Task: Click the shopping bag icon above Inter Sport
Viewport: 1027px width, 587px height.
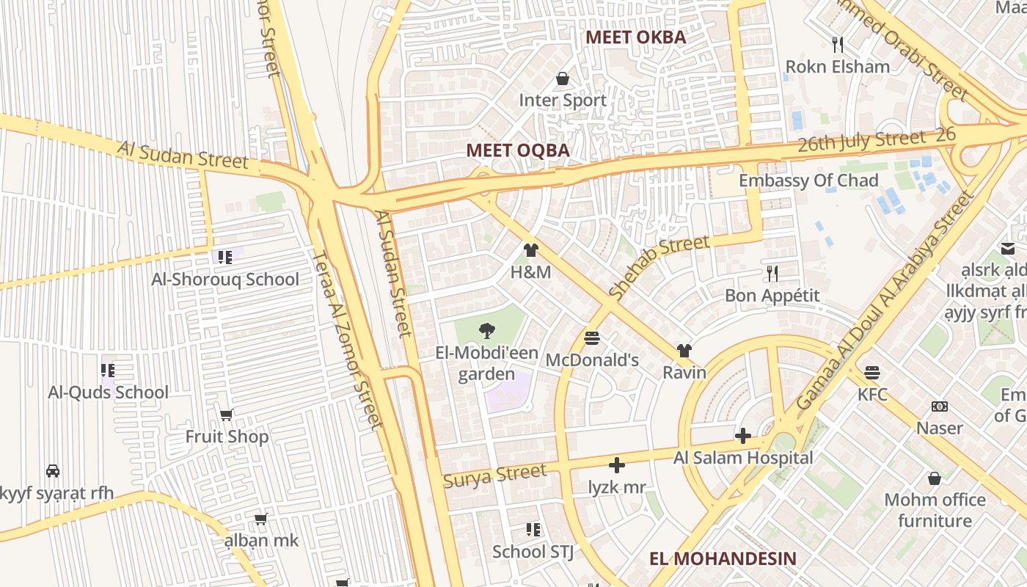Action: pyautogui.click(x=563, y=78)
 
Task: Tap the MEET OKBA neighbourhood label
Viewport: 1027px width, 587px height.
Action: pyautogui.click(x=635, y=37)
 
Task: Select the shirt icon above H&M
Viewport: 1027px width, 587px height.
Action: pyautogui.click(x=531, y=250)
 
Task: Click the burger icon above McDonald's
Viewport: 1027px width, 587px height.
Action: pyautogui.click(x=592, y=338)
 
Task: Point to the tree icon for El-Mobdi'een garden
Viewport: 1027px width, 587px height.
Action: pyautogui.click(x=486, y=331)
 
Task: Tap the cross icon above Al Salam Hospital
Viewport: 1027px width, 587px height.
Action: pyautogui.click(x=743, y=437)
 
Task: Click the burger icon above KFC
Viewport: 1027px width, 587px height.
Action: pyautogui.click(x=872, y=373)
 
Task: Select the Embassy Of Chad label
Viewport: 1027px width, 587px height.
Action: pyautogui.click(x=808, y=181)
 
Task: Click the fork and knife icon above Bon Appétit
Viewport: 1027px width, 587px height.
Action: pyautogui.click(x=772, y=274)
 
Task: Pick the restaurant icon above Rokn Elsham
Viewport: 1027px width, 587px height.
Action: pyautogui.click(x=838, y=45)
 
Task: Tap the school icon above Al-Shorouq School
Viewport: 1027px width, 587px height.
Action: pyautogui.click(x=225, y=257)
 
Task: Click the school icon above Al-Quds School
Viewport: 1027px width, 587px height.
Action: pyautogui.click(x=108, y=371)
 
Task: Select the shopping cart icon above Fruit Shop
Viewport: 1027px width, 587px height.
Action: pyautogui.click(x=227, y=415)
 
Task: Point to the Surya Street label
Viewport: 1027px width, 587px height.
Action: pyautogui.click(x=495, y=475)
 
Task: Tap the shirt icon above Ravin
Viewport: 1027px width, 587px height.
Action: pyautogui.click(x=684, y=351)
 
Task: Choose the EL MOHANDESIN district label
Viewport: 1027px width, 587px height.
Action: pyautogui.click(x=723, y=558)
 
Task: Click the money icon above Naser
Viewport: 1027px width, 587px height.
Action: pyautogui.click(x=940, y=406)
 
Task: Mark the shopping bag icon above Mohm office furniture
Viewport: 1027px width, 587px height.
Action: pyautogui.click(x=935, y=478)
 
